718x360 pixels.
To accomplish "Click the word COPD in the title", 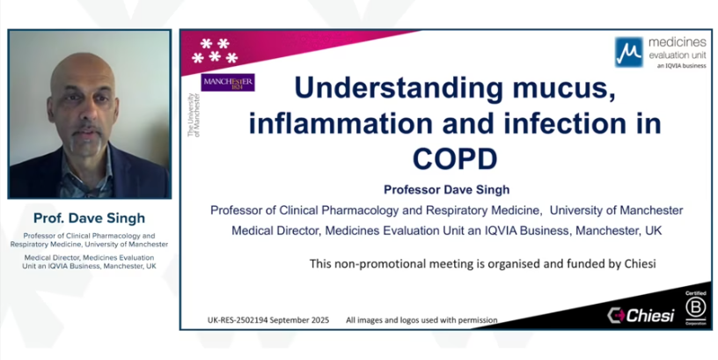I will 454,158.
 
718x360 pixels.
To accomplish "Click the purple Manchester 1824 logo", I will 229,83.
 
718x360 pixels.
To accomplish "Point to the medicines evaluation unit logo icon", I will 627,52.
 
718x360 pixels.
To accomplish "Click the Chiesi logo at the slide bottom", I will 640,315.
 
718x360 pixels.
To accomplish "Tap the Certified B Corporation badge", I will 695,305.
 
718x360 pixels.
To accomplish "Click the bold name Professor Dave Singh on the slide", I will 446,188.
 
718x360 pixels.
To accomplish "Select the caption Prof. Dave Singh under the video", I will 90,218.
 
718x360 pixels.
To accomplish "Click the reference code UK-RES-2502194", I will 236,320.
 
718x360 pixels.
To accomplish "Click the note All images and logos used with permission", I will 421,320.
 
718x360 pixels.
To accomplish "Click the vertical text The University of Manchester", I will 194,114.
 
